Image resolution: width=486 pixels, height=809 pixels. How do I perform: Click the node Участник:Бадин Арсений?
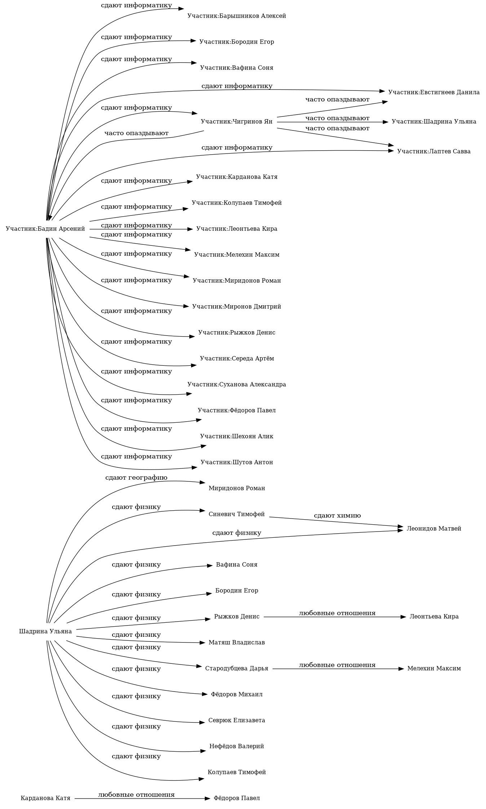coord(45,229)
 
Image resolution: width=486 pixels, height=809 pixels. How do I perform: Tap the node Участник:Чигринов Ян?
coord(237,121)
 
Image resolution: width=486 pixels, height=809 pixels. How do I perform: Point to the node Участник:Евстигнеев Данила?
coord(434,92)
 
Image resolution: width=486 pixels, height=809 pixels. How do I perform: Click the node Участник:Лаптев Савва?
coord(434,151)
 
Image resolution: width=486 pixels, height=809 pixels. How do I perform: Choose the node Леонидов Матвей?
coord(434,529)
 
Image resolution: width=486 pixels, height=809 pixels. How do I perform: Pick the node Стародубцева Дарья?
coord(237,668)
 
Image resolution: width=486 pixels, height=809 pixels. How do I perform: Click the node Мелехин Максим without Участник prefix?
coord(434,668)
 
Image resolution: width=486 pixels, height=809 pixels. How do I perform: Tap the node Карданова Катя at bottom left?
coord(45,798)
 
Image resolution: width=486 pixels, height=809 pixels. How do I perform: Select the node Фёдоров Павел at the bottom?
coord(237,798)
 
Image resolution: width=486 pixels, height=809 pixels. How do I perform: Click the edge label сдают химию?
coord(337,516)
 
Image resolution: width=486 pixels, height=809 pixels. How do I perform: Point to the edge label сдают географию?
coord(136,478)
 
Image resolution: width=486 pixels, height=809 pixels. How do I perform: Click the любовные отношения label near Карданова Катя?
coord(136,795)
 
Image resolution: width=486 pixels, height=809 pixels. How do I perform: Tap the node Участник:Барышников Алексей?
coord(237,16)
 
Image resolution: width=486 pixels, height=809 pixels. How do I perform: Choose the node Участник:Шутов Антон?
coord(237,462)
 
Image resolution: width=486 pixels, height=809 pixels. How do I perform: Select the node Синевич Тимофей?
coord(237,514)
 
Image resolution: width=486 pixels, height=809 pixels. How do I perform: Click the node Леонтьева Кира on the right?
coord(434,617)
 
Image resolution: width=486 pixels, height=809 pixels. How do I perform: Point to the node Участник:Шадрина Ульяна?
coord(434,122)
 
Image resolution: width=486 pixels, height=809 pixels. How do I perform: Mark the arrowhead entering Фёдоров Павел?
coord(207,799)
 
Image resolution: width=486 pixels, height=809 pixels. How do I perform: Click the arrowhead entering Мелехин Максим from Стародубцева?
coord(401,669)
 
